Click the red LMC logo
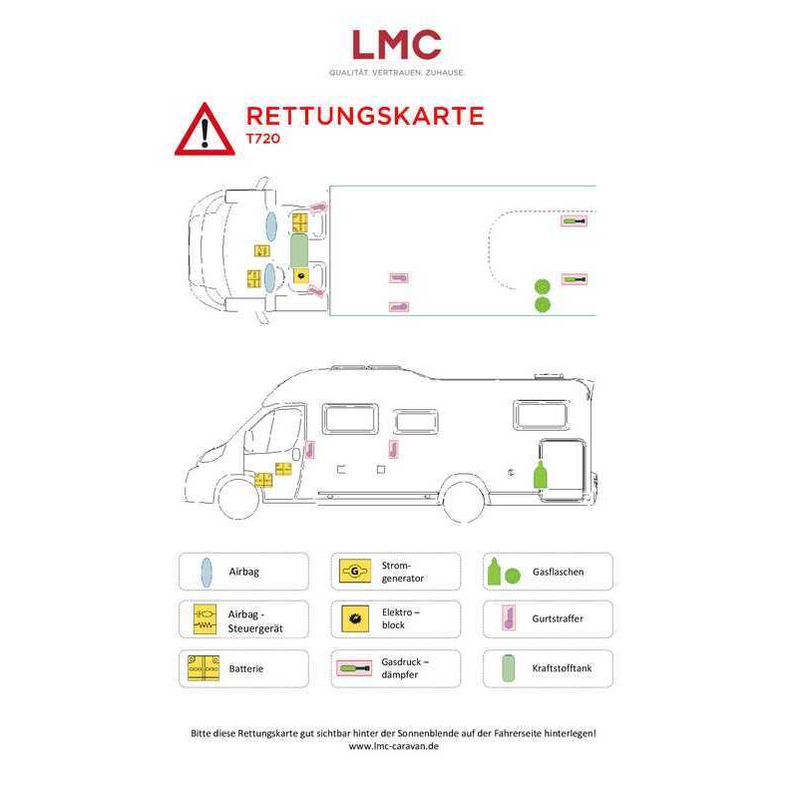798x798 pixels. tap(396, 44)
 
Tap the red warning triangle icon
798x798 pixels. tap(204, 131)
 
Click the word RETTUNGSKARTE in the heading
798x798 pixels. tap(365, 116)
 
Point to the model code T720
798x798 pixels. tap(263, 139)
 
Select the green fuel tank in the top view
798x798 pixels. tap(298, 250)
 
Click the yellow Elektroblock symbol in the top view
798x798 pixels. tap(301, 276)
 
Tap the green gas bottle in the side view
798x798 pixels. tap(540, 475)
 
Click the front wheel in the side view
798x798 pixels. tap(238, 498)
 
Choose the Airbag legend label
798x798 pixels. tap(243, 572)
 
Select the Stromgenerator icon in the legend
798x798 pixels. tap(355, 571)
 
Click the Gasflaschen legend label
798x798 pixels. tap(558, 572)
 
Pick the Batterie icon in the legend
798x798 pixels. tap(203, 668)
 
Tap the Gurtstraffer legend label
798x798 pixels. tap(558, 618)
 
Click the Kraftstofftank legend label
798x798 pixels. tap(562, 667)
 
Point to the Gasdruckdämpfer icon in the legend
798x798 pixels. tap(354, 667)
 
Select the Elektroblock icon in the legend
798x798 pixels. tap(355, 618)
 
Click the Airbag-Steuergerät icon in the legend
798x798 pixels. tap(204, 619)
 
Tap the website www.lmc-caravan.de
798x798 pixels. tap(393, 746)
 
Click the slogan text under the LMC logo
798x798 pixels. tap(396, 73)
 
